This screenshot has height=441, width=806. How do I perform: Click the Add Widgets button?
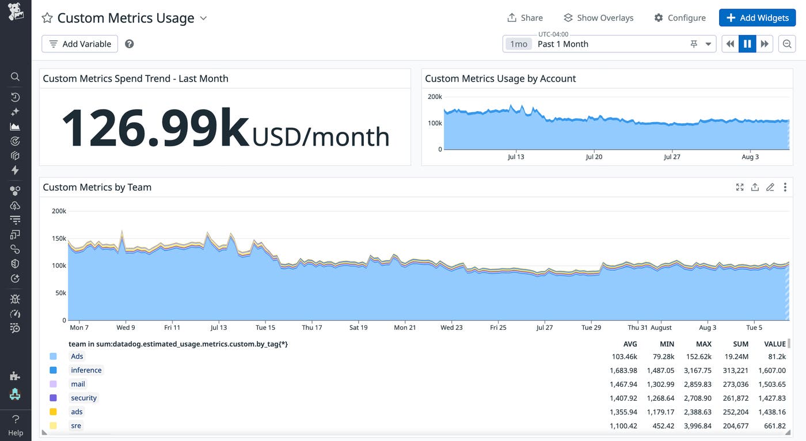coord(757,18)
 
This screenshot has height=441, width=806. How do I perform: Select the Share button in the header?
coord(524,18)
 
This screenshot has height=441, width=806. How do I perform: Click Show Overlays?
coord(598,18)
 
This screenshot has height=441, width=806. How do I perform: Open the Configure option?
coord(679,18)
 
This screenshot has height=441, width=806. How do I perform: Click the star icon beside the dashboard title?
coord(47,18)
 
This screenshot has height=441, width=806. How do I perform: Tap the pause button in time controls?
coord(747,44)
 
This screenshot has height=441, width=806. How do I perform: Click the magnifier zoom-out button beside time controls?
coord(787,44)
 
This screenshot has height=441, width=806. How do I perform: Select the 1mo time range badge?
coord(519,44)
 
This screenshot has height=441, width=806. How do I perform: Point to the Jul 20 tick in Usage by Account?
coord(594,157)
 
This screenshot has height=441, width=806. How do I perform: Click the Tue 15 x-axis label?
coord(265,328)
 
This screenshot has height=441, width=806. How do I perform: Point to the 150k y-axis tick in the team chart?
coord(59,238)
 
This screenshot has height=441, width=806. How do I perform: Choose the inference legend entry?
coord(86,370)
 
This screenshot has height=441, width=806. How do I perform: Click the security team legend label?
coord(84,398)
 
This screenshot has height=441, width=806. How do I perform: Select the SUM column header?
coord(740,344)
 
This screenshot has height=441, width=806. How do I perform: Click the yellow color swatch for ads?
coord(53,412)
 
